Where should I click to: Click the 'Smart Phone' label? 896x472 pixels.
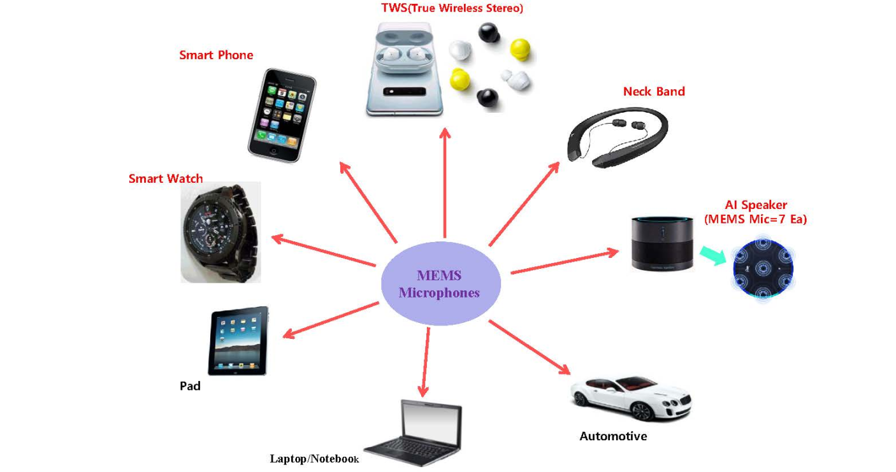[216, 55]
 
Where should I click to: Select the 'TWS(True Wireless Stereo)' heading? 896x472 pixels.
[444, 8]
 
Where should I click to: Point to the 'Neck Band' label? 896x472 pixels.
[654, 92]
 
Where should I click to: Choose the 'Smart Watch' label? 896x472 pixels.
[166, 179]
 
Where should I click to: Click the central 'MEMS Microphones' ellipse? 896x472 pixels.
[439, 284]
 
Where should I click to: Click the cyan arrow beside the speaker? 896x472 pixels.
[712, 255]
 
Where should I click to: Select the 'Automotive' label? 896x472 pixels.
[613, 436]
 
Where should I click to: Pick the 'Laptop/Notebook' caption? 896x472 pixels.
[315, 459]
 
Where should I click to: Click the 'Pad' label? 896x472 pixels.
[190, 386]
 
